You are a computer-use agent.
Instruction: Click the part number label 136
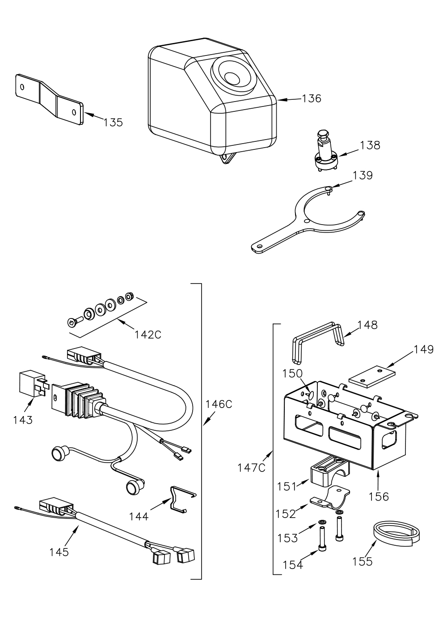click(x=312, y=98)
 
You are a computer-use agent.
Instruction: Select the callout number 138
click(x=370, y=145)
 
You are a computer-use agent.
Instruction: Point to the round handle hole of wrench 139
click(x=257, y=246)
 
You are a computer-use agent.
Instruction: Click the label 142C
click(x=148, y=335)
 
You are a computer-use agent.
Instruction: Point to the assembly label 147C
click(x=251, y=467)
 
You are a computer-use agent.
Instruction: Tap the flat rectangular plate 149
click(x=372, y=376)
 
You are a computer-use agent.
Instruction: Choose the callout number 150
click(x=292, y=374)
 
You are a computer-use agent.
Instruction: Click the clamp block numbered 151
click(x=330, y=471)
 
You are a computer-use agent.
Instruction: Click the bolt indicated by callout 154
click(x=322, y=538)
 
